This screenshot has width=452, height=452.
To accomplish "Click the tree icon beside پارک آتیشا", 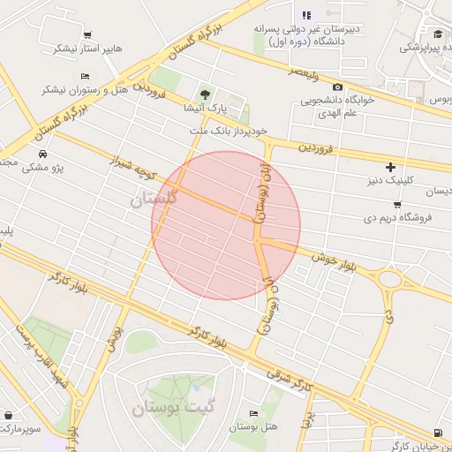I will [206, 94].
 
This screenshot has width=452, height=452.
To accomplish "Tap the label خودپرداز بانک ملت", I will [226, 132].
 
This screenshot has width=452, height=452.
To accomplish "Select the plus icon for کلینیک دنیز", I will [391, 167].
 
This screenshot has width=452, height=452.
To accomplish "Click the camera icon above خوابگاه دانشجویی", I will [337, 87].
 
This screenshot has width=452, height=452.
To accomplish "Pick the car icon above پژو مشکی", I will [41, 153].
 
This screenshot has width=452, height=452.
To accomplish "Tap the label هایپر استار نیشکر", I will [79, 49].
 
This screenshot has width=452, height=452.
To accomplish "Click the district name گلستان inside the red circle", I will [155, 199].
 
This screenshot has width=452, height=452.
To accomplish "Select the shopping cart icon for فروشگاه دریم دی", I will [397, 204].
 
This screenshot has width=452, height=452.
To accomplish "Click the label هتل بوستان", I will [254, 427].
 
